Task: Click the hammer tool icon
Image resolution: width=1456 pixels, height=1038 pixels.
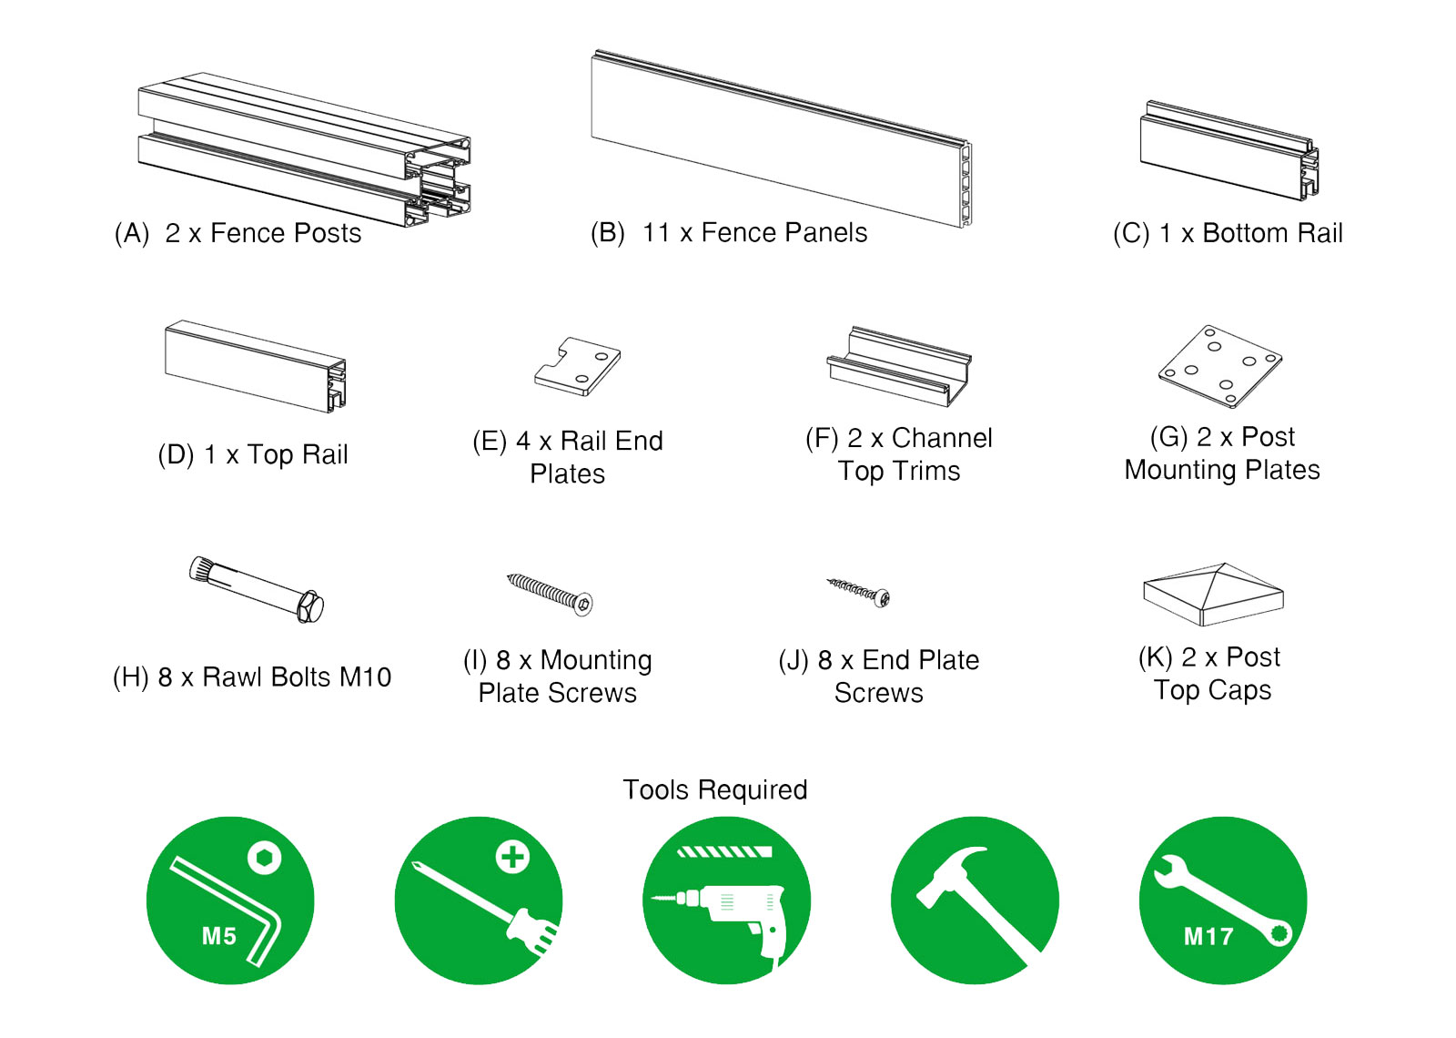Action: point(975,900)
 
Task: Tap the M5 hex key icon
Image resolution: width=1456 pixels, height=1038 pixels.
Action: point(230,900)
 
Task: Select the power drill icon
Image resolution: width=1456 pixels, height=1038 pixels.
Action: point(726,900)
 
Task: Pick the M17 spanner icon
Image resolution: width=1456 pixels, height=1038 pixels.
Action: point(1223,900)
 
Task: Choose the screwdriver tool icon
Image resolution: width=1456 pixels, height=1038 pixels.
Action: point(479,900)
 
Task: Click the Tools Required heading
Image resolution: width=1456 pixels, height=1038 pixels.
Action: point(715,789)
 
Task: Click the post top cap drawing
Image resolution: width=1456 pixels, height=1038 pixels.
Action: point(1213,595)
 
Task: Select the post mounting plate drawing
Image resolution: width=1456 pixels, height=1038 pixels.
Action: point(1220,366)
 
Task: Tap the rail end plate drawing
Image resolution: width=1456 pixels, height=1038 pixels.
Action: point(578,367)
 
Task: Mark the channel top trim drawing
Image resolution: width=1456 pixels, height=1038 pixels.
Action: point(899,366)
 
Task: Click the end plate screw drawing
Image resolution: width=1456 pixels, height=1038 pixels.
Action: point(859,592)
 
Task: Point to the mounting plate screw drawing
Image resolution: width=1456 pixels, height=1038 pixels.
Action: point(551,595)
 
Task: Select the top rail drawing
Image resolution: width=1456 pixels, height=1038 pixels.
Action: point(256,366)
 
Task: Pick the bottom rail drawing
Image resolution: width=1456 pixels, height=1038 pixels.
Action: point(1229,150)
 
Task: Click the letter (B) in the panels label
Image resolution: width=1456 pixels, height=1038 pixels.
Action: point(608,233)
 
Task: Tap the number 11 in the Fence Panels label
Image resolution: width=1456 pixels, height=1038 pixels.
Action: point(656,233)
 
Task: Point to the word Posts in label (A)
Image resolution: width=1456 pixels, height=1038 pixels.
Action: point(327,233)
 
